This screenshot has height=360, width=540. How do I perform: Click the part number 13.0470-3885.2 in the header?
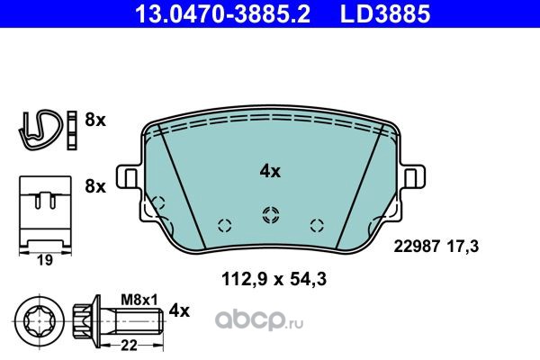tap(223, 13)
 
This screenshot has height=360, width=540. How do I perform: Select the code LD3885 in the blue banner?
tap(385, 13)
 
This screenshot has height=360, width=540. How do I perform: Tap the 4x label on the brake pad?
tap(270, 171)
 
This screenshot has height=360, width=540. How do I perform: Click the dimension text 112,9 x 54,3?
tap(274, 279)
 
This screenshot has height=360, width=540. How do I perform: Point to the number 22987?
tap(417, 247)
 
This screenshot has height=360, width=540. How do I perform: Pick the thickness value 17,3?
tap(463, 247)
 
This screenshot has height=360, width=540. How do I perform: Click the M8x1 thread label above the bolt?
tap(139, 300)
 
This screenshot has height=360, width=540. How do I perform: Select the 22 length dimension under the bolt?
tap(130, 345)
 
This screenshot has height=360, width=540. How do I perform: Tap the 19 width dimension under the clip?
tap(45, 260)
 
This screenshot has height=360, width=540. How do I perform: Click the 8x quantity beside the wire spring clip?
tap(95, 121)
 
